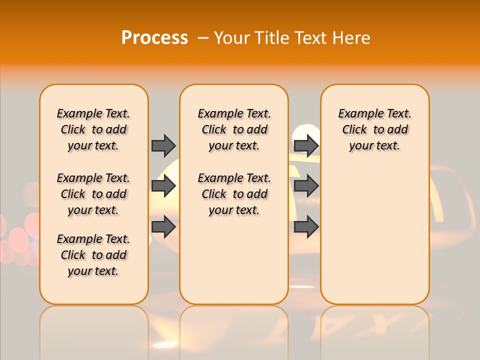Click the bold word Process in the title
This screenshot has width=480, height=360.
click(x=154, y=37)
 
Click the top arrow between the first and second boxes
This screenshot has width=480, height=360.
click(x=163, y=145)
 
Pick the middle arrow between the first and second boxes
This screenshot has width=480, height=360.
click(x=163, y=186)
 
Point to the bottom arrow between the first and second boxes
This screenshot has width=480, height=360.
click(x=163, y=226)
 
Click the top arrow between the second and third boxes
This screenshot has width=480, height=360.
click(x=306, y=145)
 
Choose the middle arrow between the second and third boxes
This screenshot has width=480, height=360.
click(x=306, y=186)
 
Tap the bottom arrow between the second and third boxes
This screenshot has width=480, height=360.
click(x=306, y=226)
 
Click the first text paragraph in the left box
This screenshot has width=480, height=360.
click(x=93, y=129)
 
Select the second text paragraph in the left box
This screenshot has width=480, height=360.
click(x=93, y=194)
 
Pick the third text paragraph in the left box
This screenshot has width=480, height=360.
click(x=93, y=255)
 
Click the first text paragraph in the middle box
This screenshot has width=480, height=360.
click(x=234, y=129)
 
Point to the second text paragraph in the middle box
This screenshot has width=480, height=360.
click(x=234, y=194)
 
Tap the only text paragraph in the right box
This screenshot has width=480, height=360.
click(x=375, y=129)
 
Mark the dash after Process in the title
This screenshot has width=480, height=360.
click(x=203, y=37)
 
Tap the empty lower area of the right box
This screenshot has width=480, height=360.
click(x=375, y=235)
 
